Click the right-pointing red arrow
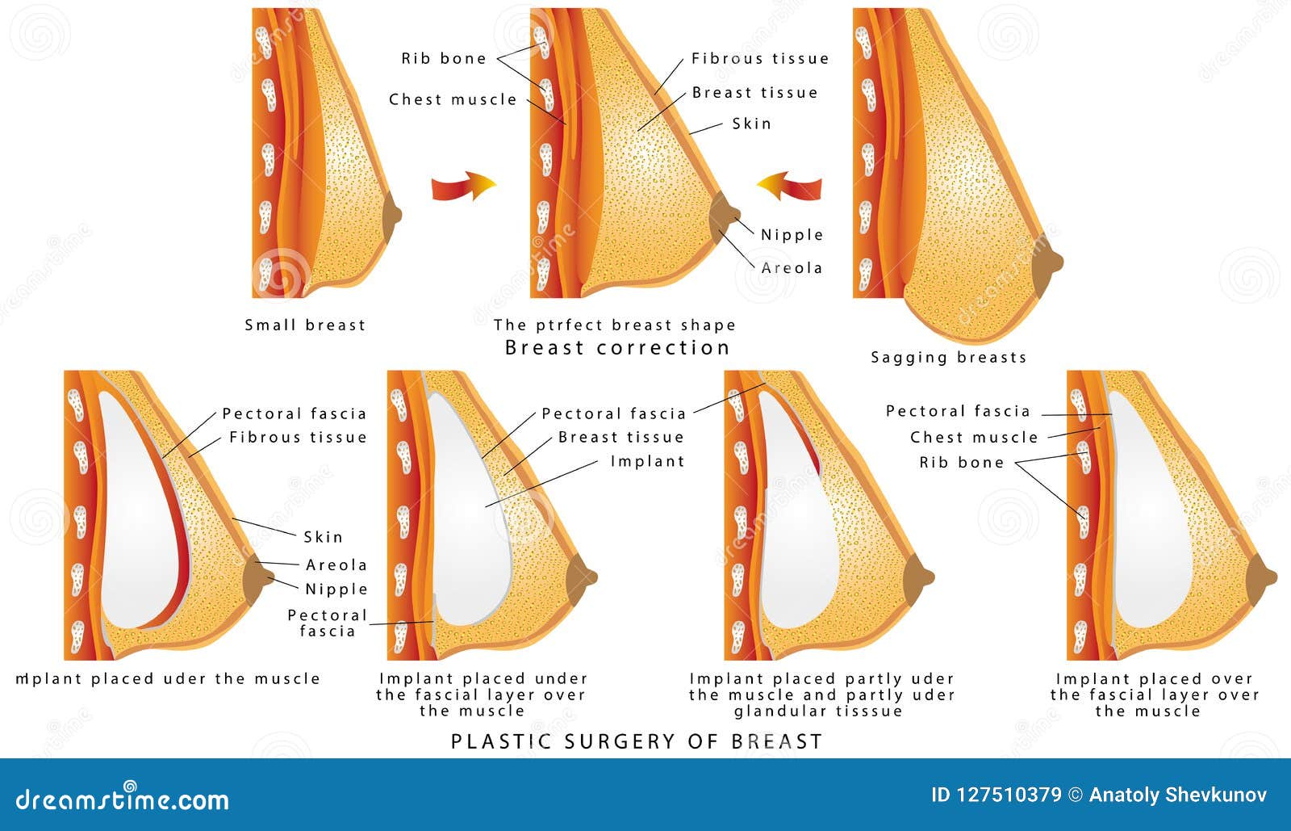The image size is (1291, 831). coord(463,187)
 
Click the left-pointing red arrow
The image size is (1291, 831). coord(790,187)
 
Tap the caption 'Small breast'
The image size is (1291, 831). coord(305,325)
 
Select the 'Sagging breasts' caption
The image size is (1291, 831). coord(948,357)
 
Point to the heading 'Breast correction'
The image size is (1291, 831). coord(617,348)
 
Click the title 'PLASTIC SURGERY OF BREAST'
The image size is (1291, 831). coord(636,741)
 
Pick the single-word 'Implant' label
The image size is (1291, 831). coord(647,461)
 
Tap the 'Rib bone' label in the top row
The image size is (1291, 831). coord(444,58)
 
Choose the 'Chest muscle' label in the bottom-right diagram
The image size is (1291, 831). coord(974,437)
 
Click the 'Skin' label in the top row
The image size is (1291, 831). coord(752,124)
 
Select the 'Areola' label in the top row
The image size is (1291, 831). coord(792,267)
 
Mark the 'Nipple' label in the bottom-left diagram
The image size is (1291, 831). coord(336,589)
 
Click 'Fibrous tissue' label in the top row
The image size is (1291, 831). coord(760,58)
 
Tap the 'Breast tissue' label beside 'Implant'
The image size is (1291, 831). coord(621,437)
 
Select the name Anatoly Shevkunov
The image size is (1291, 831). coord(1177,795)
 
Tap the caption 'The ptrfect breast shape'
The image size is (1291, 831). coord(615,325)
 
